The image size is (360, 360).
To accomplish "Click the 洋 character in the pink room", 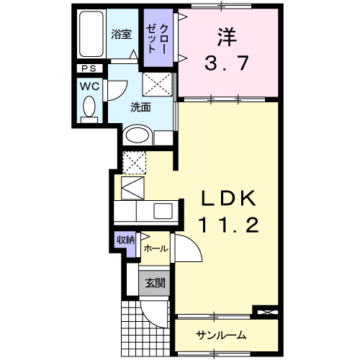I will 225,36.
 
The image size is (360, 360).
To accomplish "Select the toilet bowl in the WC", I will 89,107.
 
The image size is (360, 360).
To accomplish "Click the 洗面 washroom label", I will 140,108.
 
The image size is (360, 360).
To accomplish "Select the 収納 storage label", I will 125,240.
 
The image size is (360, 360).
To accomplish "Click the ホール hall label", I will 156,248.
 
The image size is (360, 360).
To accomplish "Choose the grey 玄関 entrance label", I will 153,282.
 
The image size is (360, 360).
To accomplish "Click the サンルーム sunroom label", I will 222,335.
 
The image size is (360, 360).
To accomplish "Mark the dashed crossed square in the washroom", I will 159,86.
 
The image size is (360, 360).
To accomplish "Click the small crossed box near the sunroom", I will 267,312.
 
